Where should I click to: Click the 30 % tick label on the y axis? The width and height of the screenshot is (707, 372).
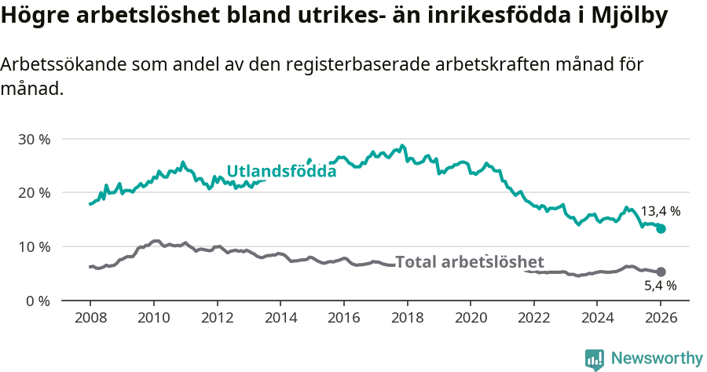(x=35, y=139)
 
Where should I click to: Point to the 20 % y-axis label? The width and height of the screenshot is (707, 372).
(x=35, y=193)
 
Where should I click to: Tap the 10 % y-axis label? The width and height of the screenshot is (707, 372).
(x=35, y=246)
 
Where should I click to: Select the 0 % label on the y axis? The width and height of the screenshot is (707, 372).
(x=38, y=301)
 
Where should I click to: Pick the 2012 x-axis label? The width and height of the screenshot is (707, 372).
(x=217, y=319)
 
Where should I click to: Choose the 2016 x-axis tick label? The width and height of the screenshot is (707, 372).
(x=343, y=319)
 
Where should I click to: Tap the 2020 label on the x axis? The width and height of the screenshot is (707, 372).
(x=470, y=319)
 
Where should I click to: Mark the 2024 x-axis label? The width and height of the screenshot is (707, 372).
(x=597, y=319)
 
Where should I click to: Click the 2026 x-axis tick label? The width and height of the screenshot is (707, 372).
(x=661, y=319)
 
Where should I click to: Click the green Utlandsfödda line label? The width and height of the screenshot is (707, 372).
(x=281, y=171)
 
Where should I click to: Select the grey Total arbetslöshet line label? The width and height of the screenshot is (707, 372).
(x=469, y=262)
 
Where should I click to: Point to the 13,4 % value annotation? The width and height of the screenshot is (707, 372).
(x=660, y=211)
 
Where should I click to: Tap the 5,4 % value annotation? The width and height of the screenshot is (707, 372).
(x=660, y=286)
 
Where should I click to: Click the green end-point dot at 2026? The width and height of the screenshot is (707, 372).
(x=661, y=228)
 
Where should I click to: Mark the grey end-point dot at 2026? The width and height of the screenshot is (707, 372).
(x=661, y=272)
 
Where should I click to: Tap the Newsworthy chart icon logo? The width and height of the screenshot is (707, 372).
(x=595, y=359)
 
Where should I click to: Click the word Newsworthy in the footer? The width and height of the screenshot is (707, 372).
(x=657, y=359)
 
